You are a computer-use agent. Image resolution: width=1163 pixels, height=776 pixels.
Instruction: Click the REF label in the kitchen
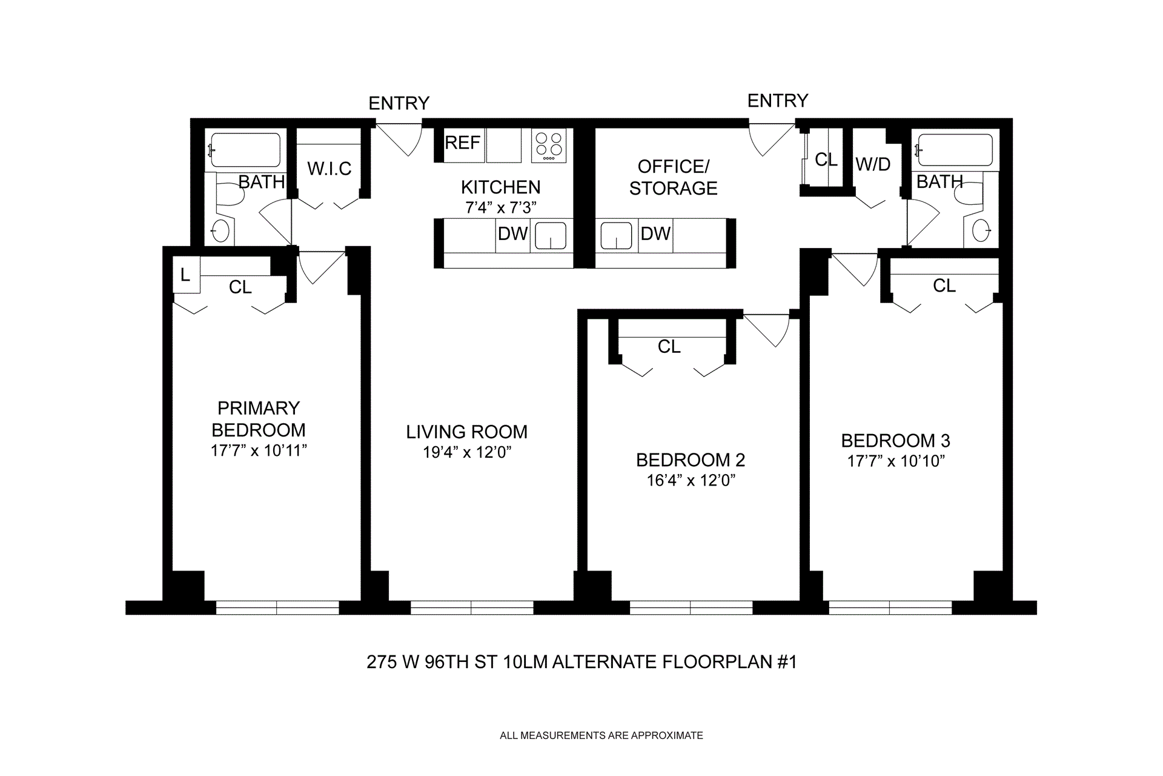[462, 143]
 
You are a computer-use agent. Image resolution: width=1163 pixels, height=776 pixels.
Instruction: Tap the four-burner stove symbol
[549, 145]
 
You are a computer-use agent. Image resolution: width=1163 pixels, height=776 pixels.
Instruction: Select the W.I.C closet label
[329, 169]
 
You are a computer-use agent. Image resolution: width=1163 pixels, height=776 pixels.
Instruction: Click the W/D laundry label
[873, 164]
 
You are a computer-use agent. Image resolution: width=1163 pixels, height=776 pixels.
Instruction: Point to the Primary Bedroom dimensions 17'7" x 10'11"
[259, 451]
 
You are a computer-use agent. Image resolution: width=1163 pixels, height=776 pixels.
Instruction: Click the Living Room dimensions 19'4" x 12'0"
[467, 453]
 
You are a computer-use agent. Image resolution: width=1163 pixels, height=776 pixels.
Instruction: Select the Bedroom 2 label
[691, 460]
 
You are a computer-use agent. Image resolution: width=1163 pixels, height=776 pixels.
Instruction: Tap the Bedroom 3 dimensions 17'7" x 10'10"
[896, 461]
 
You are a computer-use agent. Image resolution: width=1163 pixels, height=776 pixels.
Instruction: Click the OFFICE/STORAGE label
[673, 177]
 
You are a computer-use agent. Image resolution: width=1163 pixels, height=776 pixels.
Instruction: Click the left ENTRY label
[399, 104]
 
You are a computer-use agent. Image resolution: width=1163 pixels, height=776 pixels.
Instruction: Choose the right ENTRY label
[778, 101]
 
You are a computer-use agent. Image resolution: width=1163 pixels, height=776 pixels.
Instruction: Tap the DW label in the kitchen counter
[512, 234]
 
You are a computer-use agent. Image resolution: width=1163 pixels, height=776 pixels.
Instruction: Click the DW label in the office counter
[655, 234]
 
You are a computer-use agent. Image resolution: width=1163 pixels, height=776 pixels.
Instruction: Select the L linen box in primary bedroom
[185, 276]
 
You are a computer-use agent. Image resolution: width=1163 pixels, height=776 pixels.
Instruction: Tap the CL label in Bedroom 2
[669, 347]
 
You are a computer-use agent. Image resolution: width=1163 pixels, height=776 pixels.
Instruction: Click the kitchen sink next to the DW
[550, 236]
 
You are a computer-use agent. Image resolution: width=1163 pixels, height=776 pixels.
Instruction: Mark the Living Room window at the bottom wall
[471, 607]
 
